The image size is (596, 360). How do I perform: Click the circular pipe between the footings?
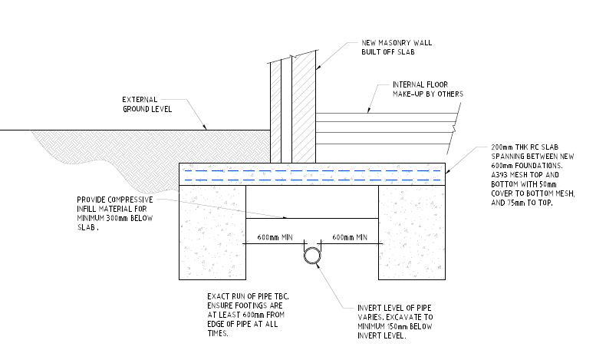pyautogui.click(x=312, y=248)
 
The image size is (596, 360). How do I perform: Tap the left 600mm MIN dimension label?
pyautogui.click(x=275, y=237)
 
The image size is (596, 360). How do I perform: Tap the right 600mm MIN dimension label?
pyautogui.click(x=350, y=237)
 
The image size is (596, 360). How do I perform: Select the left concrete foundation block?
pyautogui.click(x=212, y=233)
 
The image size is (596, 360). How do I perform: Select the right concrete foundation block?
pyautogui.click(x=412, y=233)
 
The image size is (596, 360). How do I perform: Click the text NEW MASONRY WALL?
pyautogui.click(x=397, y=43)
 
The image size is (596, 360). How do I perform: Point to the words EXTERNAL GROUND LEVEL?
pyautogui.click(x=147, y=104)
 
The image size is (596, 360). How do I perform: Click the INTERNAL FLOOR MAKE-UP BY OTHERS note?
pyautogui.click(x=428, y=89)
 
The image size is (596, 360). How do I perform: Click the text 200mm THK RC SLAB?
pyautogui.click(x=525, y=147)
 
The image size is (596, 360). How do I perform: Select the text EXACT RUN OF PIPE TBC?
pyautogui.click(x=249, y=296)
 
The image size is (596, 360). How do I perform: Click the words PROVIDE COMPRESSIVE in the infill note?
pyautogui.click(x=115, y=200)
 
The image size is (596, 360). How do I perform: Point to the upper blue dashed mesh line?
pyautogui.click(x=312, y=171)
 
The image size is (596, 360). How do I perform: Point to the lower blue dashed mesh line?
pyautogui.click(x=312, y=180)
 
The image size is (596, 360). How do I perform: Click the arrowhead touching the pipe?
pyautogui.click(x=318, y=266)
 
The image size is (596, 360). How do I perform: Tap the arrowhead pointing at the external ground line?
pyautogui.click(x=204, y=127)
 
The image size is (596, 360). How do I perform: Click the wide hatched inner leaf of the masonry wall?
pyautogui.click(x=304, y=111)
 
